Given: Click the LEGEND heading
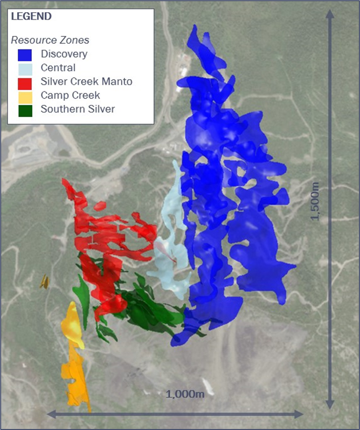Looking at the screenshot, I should coord(31,17).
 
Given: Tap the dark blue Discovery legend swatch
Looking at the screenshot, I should coord(25,54).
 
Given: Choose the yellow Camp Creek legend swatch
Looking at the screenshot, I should coord(25,95).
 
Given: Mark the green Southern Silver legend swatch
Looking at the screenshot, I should coord(25,109).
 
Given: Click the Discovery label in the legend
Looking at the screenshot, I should coord(64,54).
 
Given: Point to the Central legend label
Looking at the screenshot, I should coord(58,68).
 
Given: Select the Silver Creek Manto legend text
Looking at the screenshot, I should coord(87,81).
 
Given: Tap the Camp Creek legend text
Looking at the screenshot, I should coord(71,95).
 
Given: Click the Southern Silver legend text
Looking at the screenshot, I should coord(78,109).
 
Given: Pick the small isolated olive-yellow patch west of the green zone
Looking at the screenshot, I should coord(44,281).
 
